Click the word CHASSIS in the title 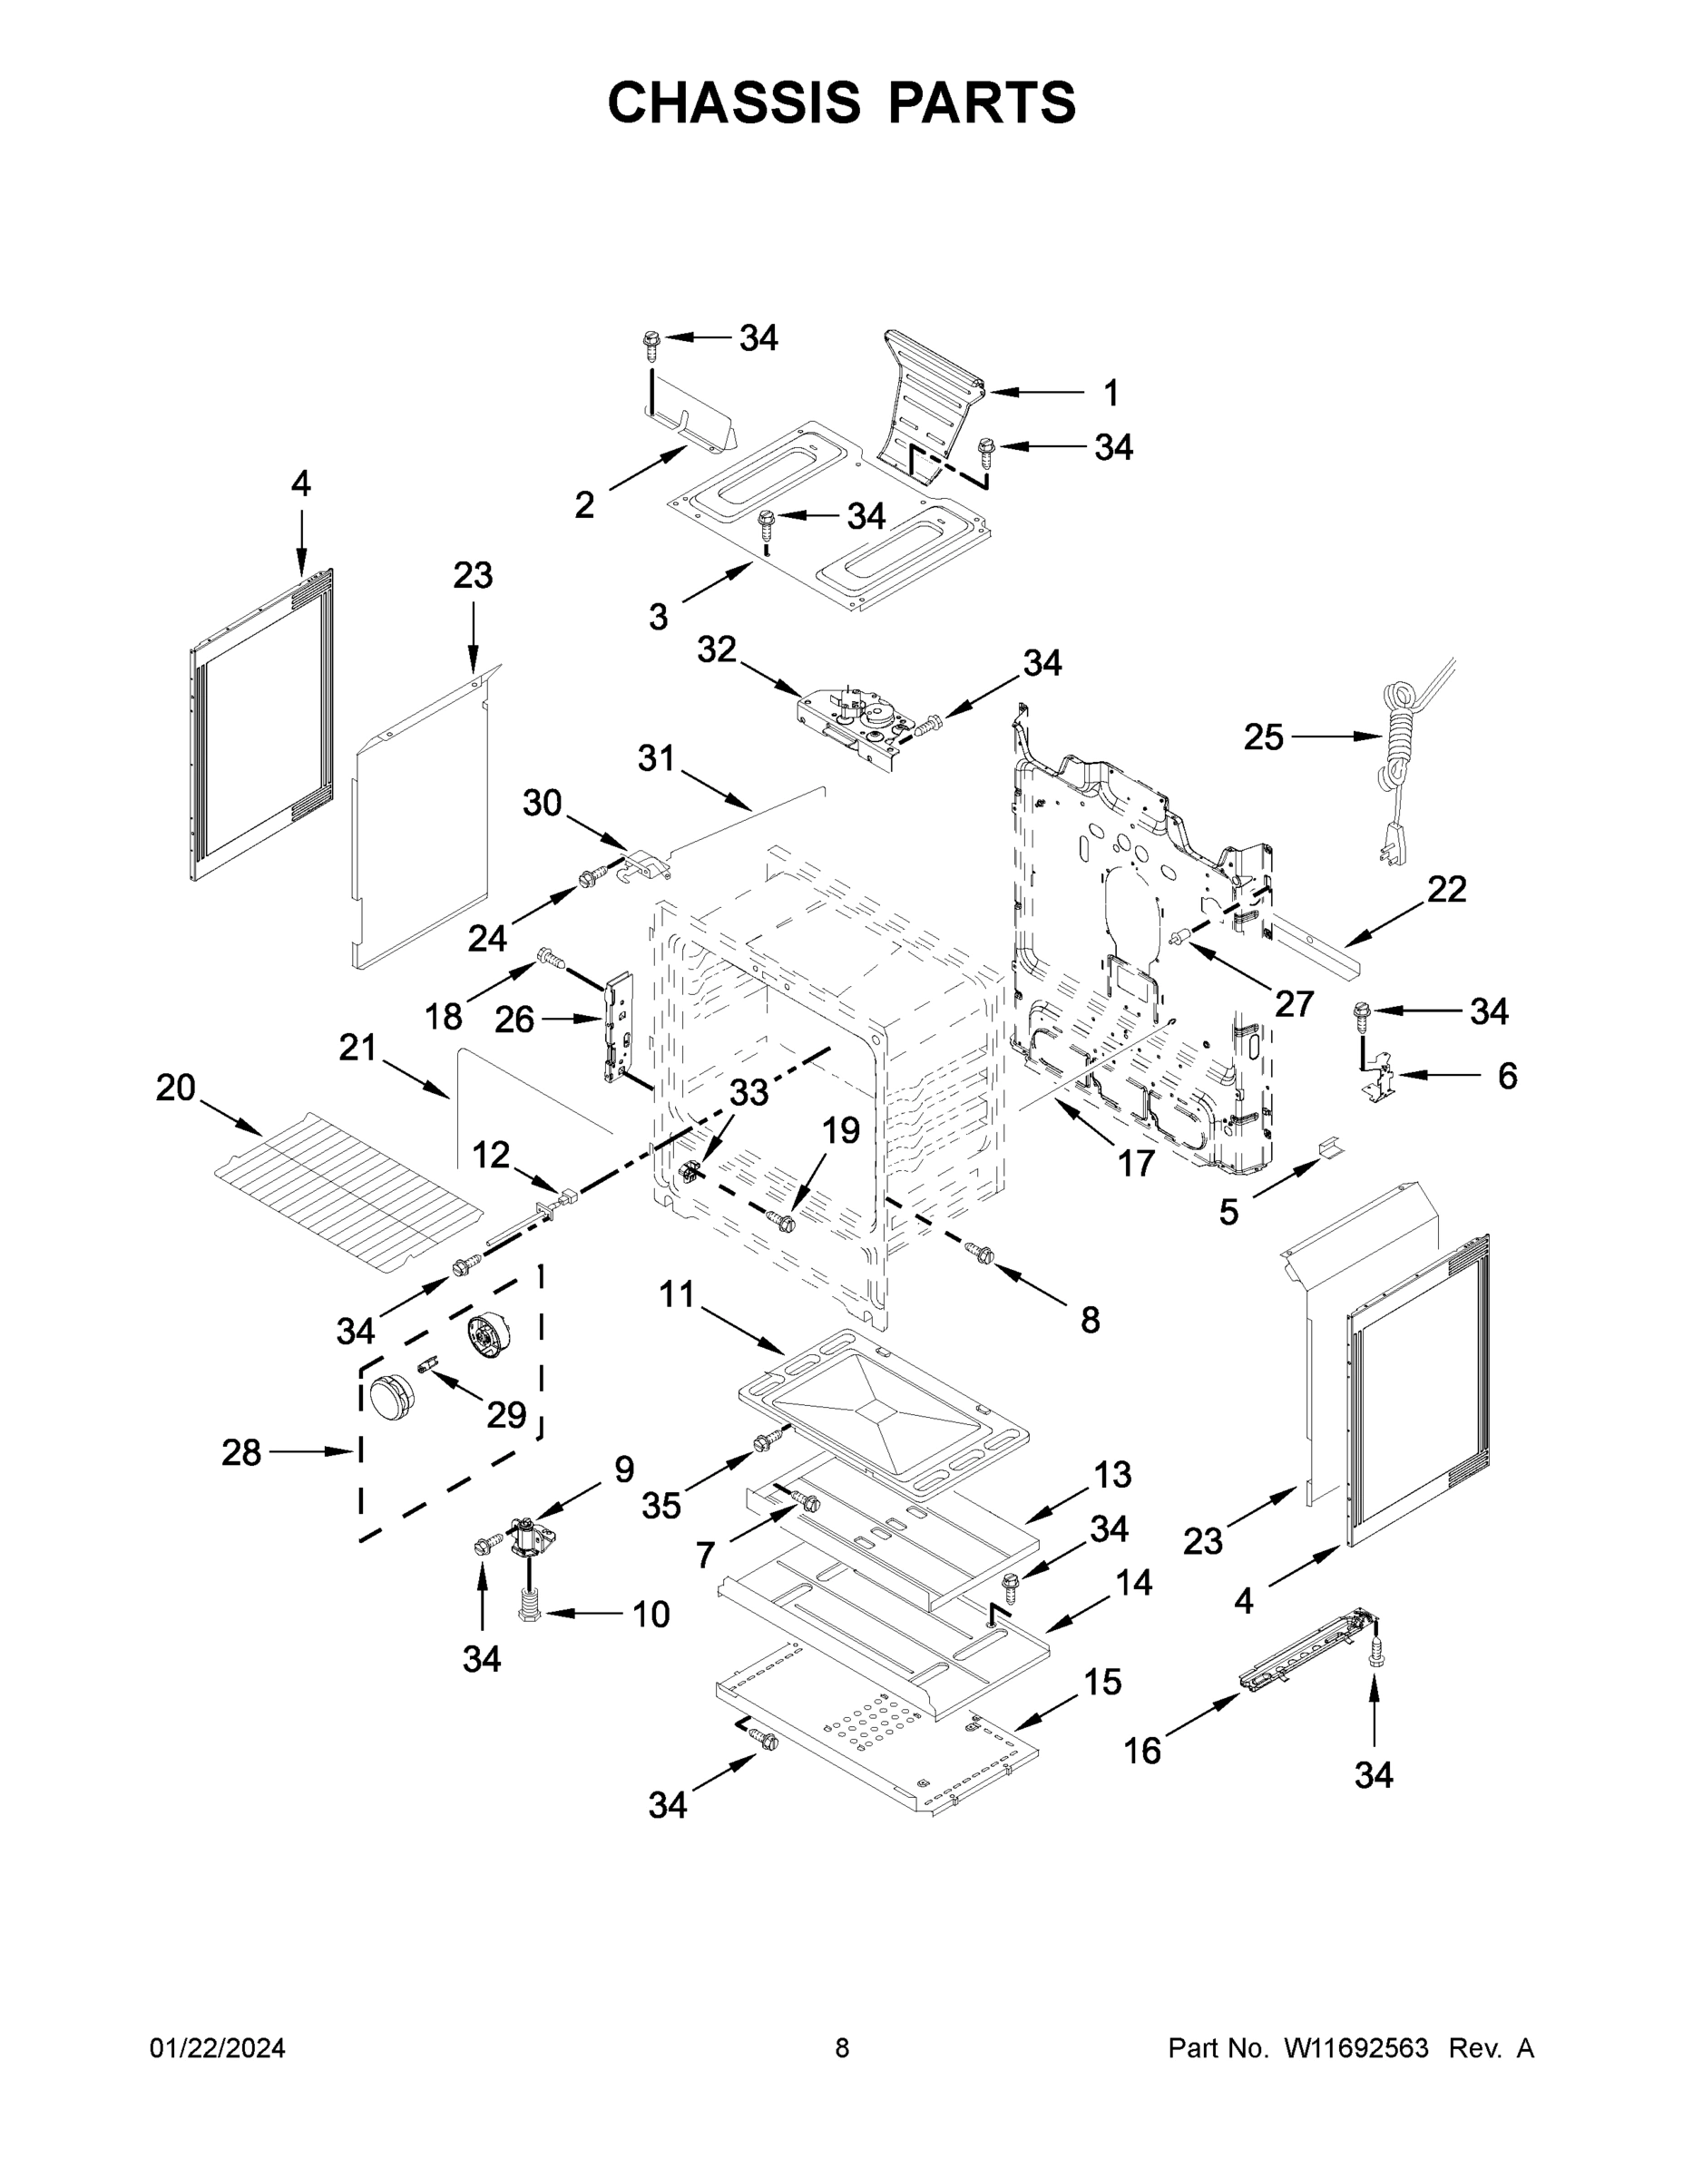coord(734,102)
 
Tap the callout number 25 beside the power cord coord(1263,737)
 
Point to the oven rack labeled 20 coord(349,1191)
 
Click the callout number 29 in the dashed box coord(505,1413)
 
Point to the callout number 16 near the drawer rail coord(1142,1751)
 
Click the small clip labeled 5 coord(1330,1148)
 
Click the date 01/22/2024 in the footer coord(218,2048)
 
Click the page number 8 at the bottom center coord(842,2048)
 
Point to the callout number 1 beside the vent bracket coord(1111,393)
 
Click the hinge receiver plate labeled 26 coord(618,1027)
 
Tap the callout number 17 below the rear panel coord(1135,1162)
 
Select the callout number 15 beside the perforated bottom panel coord(1102,1682)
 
